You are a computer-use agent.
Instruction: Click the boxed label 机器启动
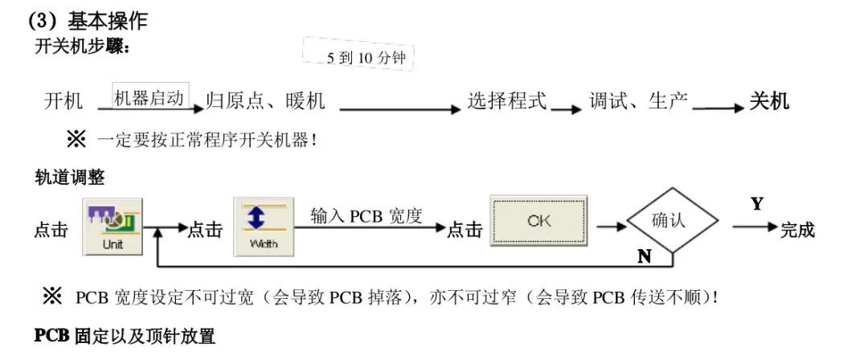tap(150, 97)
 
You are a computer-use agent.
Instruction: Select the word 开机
tap(63, 101)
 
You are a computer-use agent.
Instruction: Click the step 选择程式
tap(507, 101)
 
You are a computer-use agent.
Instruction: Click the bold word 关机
tap(769, 101)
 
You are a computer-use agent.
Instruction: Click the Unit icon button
tap(113, 227)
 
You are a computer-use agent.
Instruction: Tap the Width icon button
tap(264, 227)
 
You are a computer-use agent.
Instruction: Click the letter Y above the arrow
tap(756, 204)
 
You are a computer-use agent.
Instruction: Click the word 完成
tap(797, 231)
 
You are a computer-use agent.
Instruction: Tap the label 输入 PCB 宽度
tap(366, 216)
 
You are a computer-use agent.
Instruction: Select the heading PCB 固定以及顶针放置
tap(125, 336)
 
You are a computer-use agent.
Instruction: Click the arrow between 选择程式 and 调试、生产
tap(566, 110)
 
